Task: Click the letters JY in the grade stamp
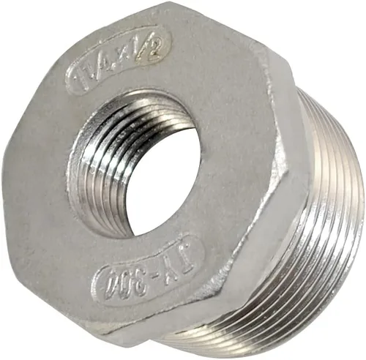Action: (166, 262)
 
